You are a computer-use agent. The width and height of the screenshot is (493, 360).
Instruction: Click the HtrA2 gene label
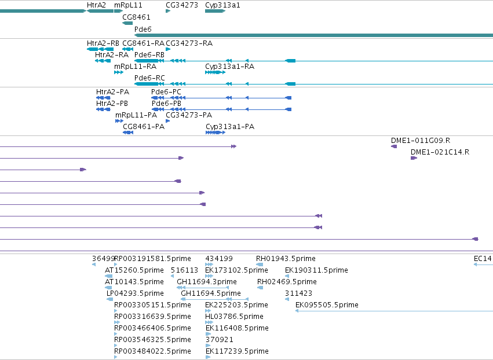pos(96,5)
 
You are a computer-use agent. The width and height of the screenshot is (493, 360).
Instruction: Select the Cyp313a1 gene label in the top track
pos(222,5)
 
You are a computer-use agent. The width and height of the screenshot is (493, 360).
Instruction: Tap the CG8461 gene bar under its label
pos(127,23)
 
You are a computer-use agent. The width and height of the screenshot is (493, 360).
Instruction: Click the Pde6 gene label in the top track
pos(143,29)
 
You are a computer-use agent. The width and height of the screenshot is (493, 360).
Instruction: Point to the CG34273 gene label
pos(182,5)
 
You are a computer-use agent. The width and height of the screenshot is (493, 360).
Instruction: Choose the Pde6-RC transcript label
pos(149,78)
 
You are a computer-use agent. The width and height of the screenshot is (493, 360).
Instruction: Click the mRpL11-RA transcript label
pos(135,67)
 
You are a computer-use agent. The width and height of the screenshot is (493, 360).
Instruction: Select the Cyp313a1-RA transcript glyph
pos(215,72)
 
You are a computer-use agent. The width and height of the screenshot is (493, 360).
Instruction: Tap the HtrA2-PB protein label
pos(112,104)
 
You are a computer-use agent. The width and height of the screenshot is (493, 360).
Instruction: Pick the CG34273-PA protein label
pos(189,115)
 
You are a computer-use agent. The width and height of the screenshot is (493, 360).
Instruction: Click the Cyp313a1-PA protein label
pos(230,127)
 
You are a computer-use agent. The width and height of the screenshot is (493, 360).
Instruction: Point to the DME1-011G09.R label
pos(421,141)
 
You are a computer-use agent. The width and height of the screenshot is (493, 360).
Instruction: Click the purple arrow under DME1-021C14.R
pos(414,158)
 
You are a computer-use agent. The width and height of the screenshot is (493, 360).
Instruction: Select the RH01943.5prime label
pos(286,259)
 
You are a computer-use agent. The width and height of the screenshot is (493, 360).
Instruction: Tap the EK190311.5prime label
pos(316,270)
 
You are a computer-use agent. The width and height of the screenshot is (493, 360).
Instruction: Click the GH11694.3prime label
pos(207,282)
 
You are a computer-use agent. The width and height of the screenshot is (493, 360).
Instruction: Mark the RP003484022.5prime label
pos(152,351)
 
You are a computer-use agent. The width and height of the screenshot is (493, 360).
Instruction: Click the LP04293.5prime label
pos(135,293)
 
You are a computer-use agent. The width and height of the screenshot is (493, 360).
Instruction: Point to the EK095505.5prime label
pos(327,305)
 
